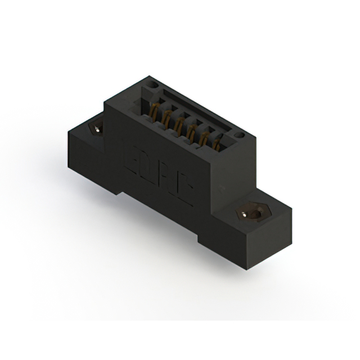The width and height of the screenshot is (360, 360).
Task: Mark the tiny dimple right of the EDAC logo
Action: (223, 185)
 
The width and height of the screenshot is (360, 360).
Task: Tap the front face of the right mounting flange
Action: (222, 242)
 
